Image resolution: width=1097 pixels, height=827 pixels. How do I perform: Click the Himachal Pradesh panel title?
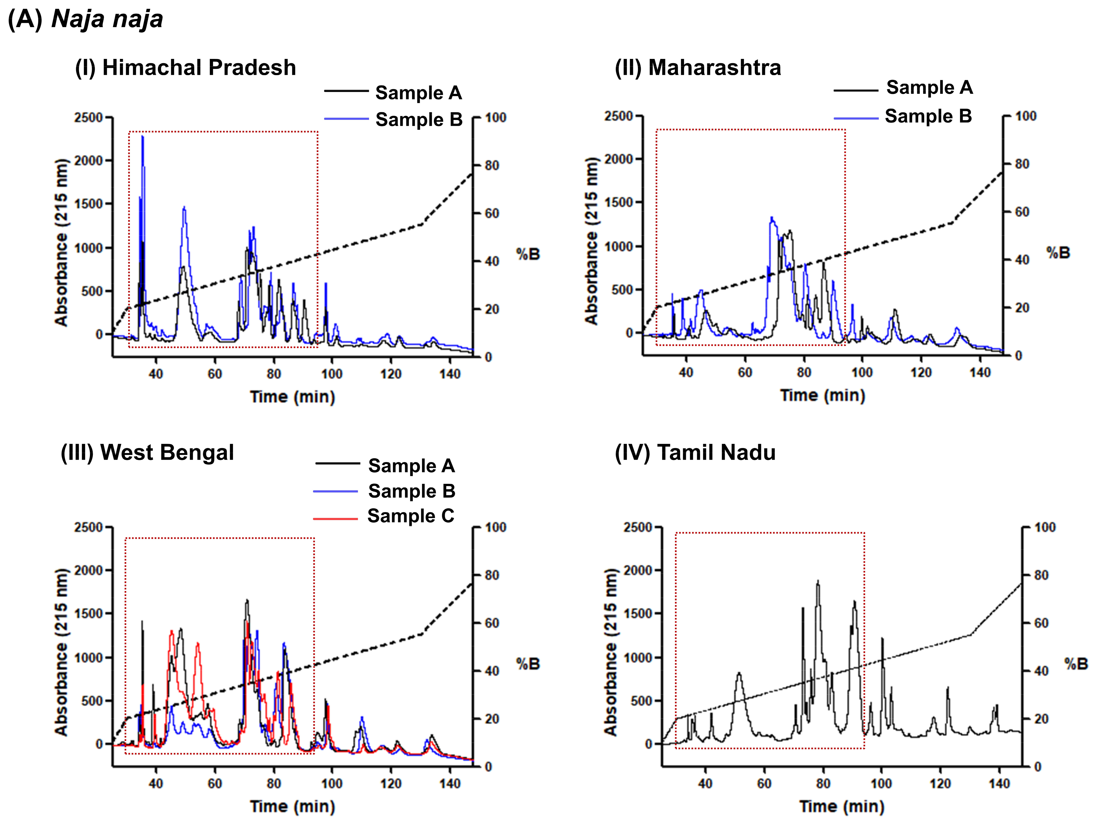[185, 67]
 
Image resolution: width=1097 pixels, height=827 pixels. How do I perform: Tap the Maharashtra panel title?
[698, 67]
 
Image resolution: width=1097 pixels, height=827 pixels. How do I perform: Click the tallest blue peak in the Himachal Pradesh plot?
[143, 137]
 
